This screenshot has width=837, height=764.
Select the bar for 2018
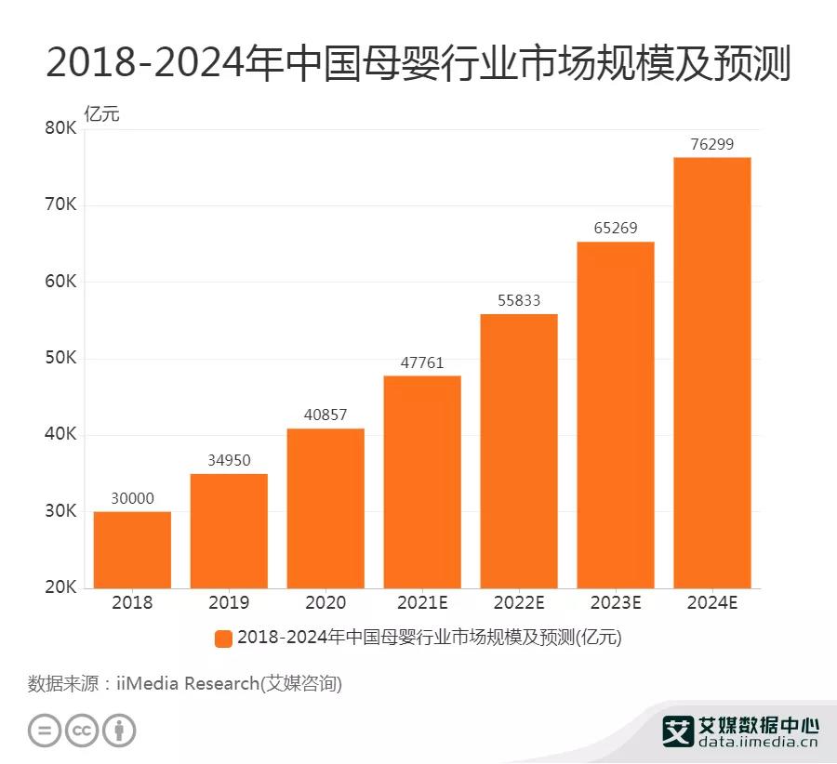(132, 549)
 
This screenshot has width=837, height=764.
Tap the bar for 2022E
(519, 451)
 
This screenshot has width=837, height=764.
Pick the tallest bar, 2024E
(711, 372)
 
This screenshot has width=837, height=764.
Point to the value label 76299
(711, 144)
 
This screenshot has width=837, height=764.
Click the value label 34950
(229, 460)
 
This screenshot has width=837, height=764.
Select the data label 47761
(422, 362)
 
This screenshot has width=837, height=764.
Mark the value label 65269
(615, 228)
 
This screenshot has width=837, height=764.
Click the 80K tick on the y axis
(60, 128)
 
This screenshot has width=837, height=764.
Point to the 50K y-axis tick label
(60, 359)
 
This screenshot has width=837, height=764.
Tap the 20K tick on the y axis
(60, 588)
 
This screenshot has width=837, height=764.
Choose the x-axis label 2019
(229, 603)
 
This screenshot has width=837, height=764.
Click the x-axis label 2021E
(422, 603)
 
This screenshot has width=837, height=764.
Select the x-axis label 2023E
(615, 603)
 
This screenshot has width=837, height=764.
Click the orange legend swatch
(223, 639)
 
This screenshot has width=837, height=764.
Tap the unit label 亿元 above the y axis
(101, 114)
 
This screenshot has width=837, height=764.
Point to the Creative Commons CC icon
(82, 731)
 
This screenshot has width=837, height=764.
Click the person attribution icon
(119, 731)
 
